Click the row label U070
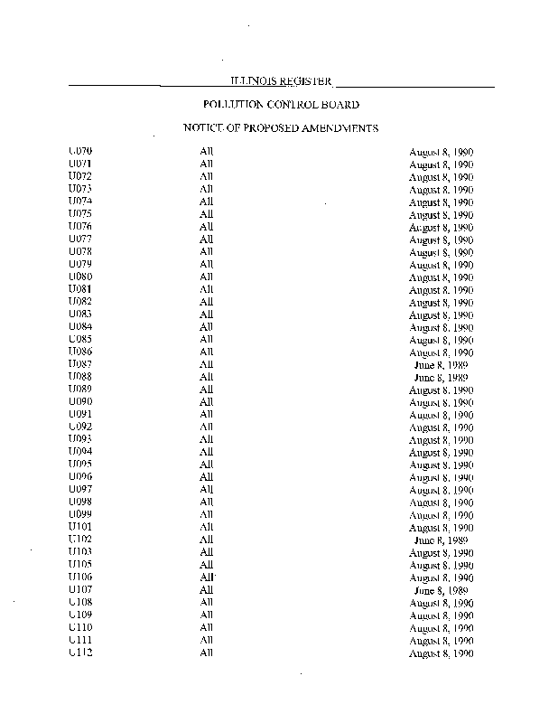80,151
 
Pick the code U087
80,363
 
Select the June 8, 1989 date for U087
442,364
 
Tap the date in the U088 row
442,377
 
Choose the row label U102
80,540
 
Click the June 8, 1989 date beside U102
442,540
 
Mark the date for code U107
442,589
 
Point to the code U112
80,652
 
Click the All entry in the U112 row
206,652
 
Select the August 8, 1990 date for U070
442,153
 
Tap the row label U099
80,514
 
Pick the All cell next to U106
207,577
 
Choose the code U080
80,276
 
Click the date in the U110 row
442,627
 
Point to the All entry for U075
206,213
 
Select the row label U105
80,564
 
